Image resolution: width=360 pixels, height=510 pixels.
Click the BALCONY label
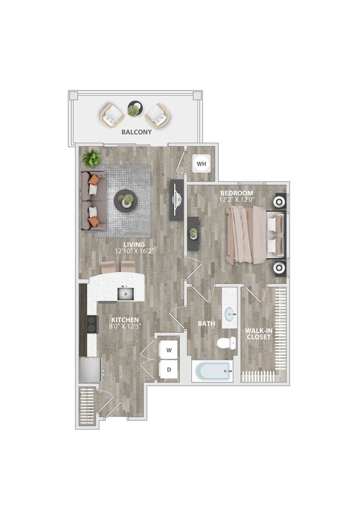136,132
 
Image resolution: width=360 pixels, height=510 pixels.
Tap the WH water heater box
201,163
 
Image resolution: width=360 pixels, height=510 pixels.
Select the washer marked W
169,350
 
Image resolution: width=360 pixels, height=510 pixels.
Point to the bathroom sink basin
230,315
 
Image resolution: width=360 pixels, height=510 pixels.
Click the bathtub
212,370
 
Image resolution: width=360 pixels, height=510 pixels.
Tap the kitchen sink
126,294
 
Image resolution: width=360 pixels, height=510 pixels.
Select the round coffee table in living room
126,199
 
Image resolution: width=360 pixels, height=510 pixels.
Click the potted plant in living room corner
92,158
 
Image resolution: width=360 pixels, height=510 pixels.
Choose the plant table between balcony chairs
134,110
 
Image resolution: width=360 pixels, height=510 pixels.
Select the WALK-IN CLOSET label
259,334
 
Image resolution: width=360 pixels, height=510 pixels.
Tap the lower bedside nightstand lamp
280,268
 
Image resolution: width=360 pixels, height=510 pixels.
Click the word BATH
207,324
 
